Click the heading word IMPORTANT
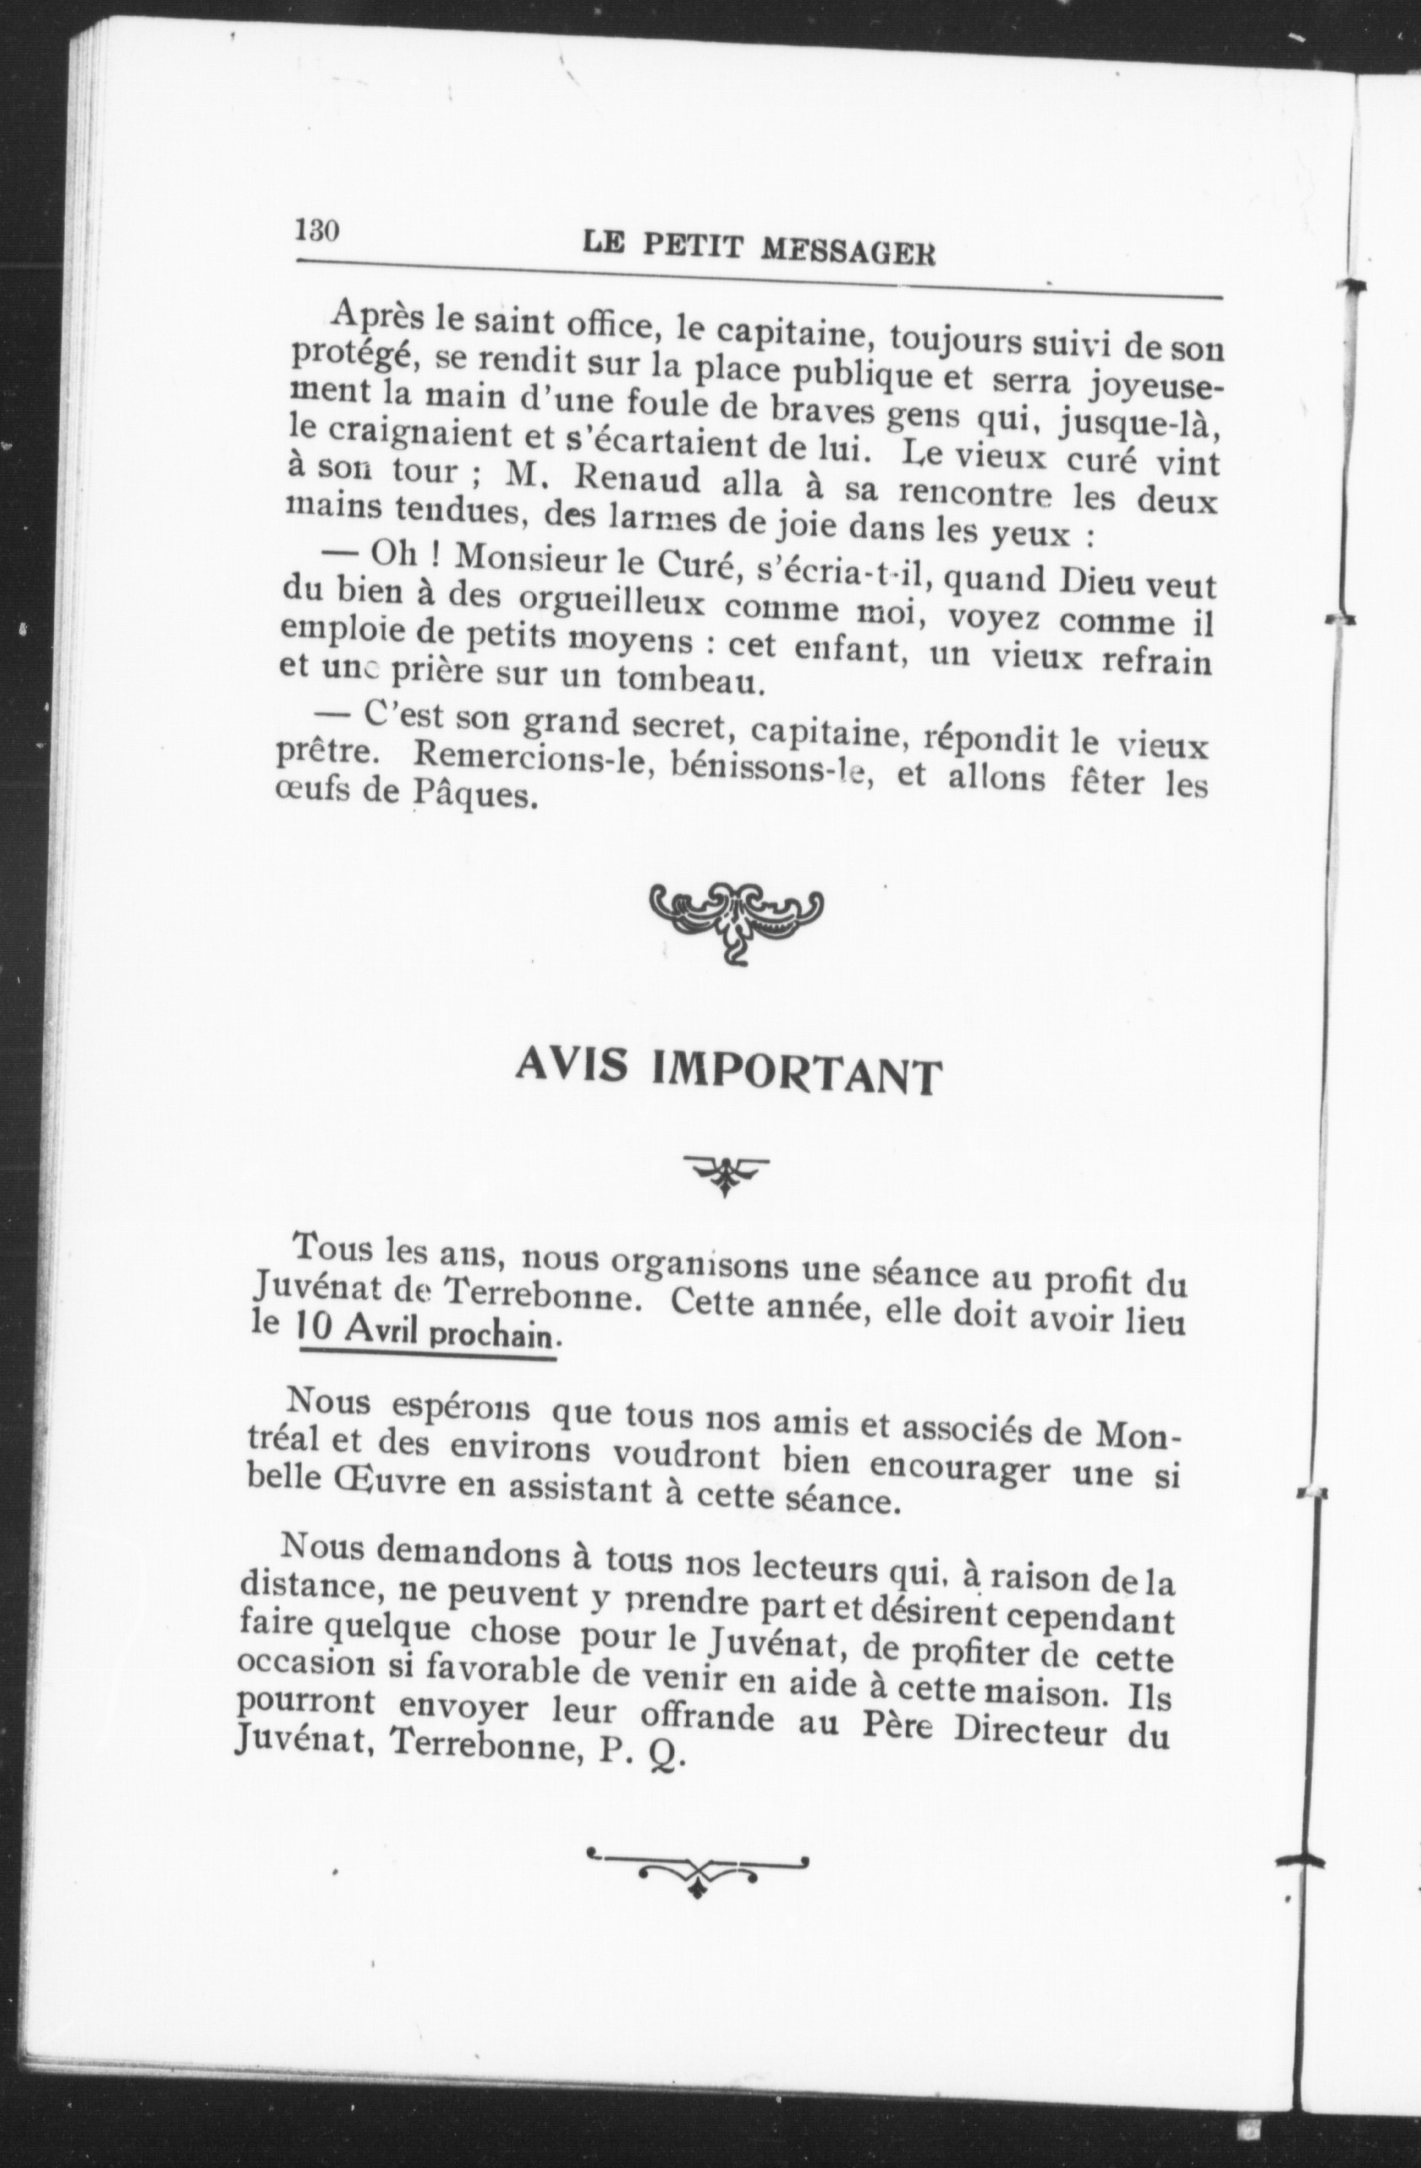coord(795,1074)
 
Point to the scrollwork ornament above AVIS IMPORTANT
coord(736,917)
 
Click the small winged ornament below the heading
coord(725,1173)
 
